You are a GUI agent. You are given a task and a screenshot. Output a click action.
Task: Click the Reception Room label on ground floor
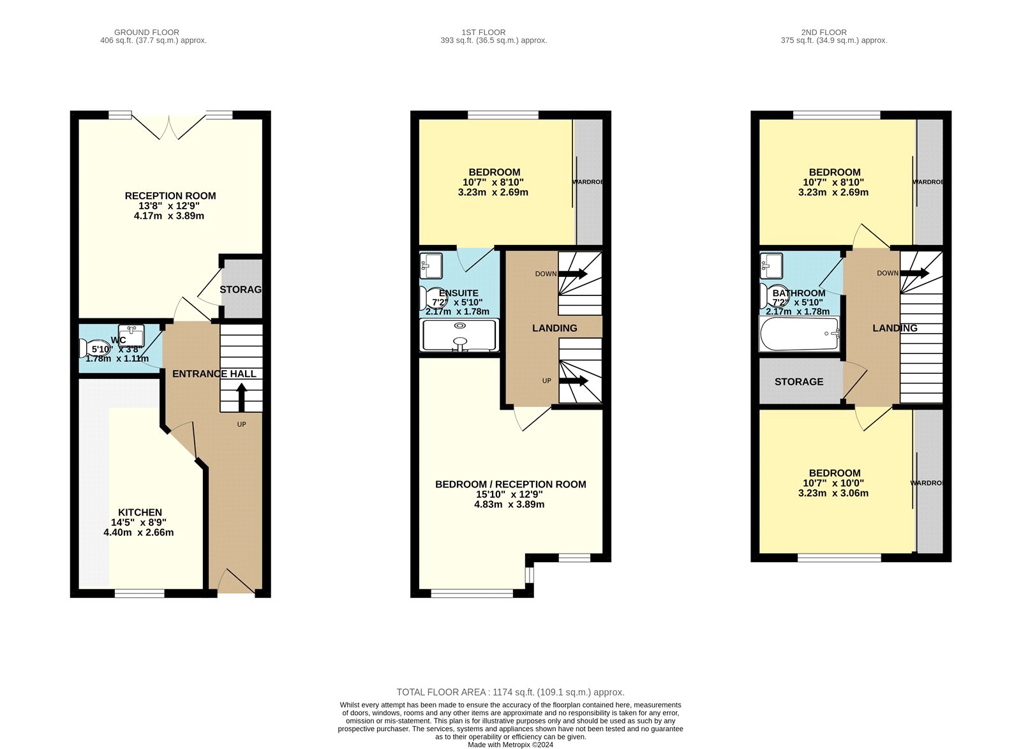(x=170, y=196)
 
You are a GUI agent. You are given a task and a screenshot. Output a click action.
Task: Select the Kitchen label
(x=140, y=512)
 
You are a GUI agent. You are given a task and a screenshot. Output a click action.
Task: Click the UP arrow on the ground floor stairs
(x=241, y=397)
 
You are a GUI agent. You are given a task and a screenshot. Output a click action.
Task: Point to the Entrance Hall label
(x=214, y=374)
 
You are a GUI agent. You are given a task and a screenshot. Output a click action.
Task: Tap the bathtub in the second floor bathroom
(x=799, y=334)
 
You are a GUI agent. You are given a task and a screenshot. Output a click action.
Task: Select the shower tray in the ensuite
(x=459, y=335)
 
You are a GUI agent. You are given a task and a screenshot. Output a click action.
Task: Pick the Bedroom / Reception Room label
(x=511, y=484)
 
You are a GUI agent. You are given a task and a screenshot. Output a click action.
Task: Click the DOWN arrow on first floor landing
(x=572, y=274)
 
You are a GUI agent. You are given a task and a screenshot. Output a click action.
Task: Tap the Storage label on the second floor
(x=799, y=382)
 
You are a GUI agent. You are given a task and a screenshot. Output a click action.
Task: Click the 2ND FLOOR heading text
(x=824, y=32)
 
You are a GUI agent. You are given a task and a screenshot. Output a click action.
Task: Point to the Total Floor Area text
(x=511, y=692)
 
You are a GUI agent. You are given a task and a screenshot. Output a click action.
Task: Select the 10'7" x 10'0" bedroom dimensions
(x=833, y=483)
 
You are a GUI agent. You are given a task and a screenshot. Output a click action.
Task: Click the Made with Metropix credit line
(x=511, y=745)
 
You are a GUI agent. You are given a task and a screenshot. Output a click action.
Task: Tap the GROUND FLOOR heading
(x=147, y=32)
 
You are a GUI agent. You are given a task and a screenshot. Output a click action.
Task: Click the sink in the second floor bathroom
(x=771, y=263)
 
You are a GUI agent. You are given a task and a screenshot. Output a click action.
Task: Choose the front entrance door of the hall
(x=235, y=582)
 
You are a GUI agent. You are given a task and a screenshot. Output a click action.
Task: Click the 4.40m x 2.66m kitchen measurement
(x=138, y=532)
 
